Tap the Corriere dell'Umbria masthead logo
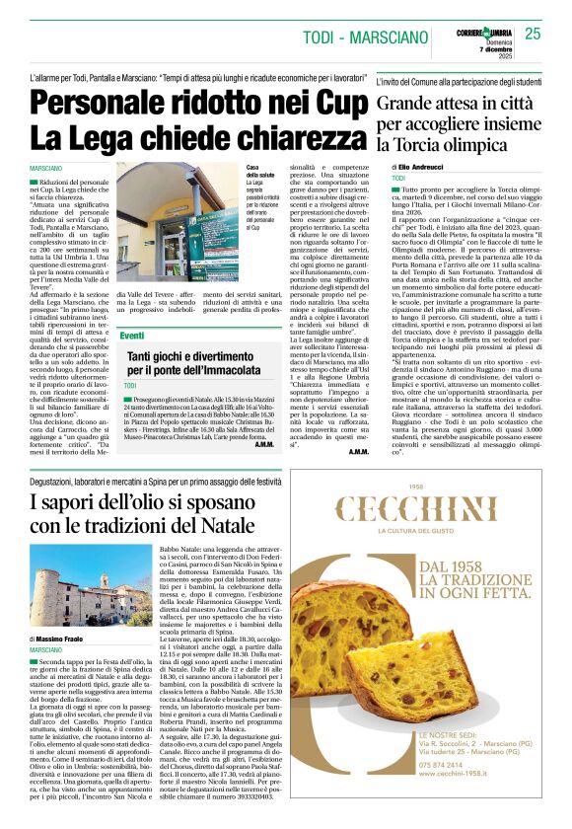[487, 34]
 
